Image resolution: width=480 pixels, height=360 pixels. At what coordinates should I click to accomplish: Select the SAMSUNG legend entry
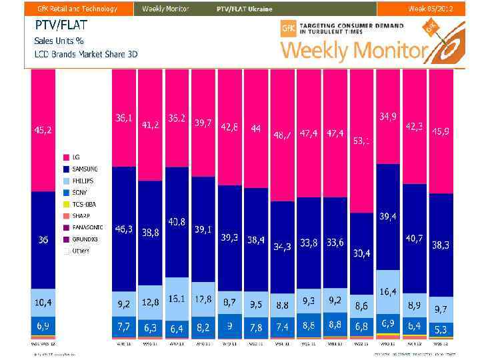(84, 169)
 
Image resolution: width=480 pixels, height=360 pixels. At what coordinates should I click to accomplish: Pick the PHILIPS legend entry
(83, 181)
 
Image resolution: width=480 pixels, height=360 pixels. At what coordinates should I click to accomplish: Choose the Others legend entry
(80, 251)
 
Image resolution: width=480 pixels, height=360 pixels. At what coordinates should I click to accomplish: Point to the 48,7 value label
(283, 135)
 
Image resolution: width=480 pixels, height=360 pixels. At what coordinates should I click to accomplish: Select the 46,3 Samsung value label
(124, 229)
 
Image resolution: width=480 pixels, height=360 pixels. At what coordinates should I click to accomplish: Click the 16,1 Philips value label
(177, 299)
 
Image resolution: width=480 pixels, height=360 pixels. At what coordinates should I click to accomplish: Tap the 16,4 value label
(388, 292)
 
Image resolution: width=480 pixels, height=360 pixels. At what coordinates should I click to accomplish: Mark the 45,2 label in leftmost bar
(43, 130)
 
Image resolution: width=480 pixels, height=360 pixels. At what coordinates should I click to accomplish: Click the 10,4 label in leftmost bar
(43, 303)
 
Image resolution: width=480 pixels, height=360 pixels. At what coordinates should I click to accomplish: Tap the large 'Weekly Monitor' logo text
(353, 50)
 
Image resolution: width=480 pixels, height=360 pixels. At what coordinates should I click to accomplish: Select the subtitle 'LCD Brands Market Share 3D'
(85, 54)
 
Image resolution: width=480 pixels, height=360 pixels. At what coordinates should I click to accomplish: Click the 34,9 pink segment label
(388, 117)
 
